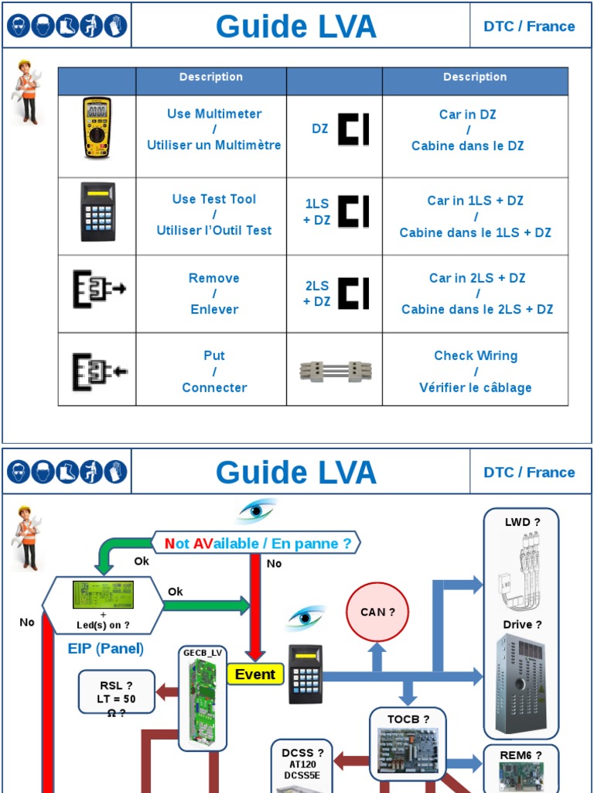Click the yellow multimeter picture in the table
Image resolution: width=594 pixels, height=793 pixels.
pos(97,129)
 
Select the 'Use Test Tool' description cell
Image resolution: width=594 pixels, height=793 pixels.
pos(213,215)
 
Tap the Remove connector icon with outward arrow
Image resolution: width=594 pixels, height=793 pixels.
pos(98,290)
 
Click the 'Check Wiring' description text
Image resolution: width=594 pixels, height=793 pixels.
pos(475,355)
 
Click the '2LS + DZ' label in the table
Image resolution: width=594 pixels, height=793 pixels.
pos(317,294)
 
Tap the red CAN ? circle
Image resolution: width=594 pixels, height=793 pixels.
pos(377,612)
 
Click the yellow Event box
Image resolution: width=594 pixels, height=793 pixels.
pos(255,675)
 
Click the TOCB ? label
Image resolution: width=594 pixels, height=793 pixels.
pos(408,719)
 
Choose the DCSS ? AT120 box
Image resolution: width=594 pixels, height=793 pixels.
pos(302,763)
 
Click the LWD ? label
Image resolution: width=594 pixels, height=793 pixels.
pos(522,522)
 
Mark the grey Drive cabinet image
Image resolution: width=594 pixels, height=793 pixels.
pos(521,682)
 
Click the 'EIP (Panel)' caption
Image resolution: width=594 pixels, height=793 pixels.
pos(106,648)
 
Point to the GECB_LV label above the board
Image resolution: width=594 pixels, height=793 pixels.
pos(203,653)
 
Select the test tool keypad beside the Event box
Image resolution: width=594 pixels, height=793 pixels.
pos(305,675)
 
